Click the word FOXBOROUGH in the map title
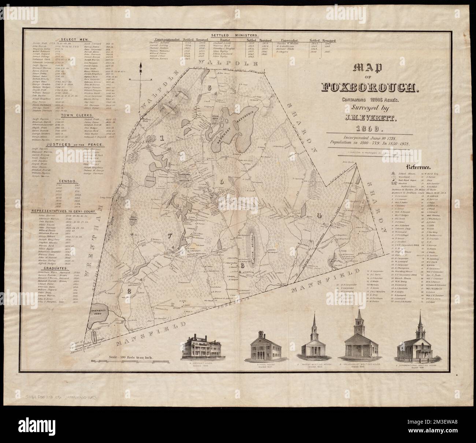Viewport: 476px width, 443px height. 370,87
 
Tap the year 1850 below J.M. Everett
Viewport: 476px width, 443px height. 370,129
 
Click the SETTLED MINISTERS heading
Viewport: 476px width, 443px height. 240,34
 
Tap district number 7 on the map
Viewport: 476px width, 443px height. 159,236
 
